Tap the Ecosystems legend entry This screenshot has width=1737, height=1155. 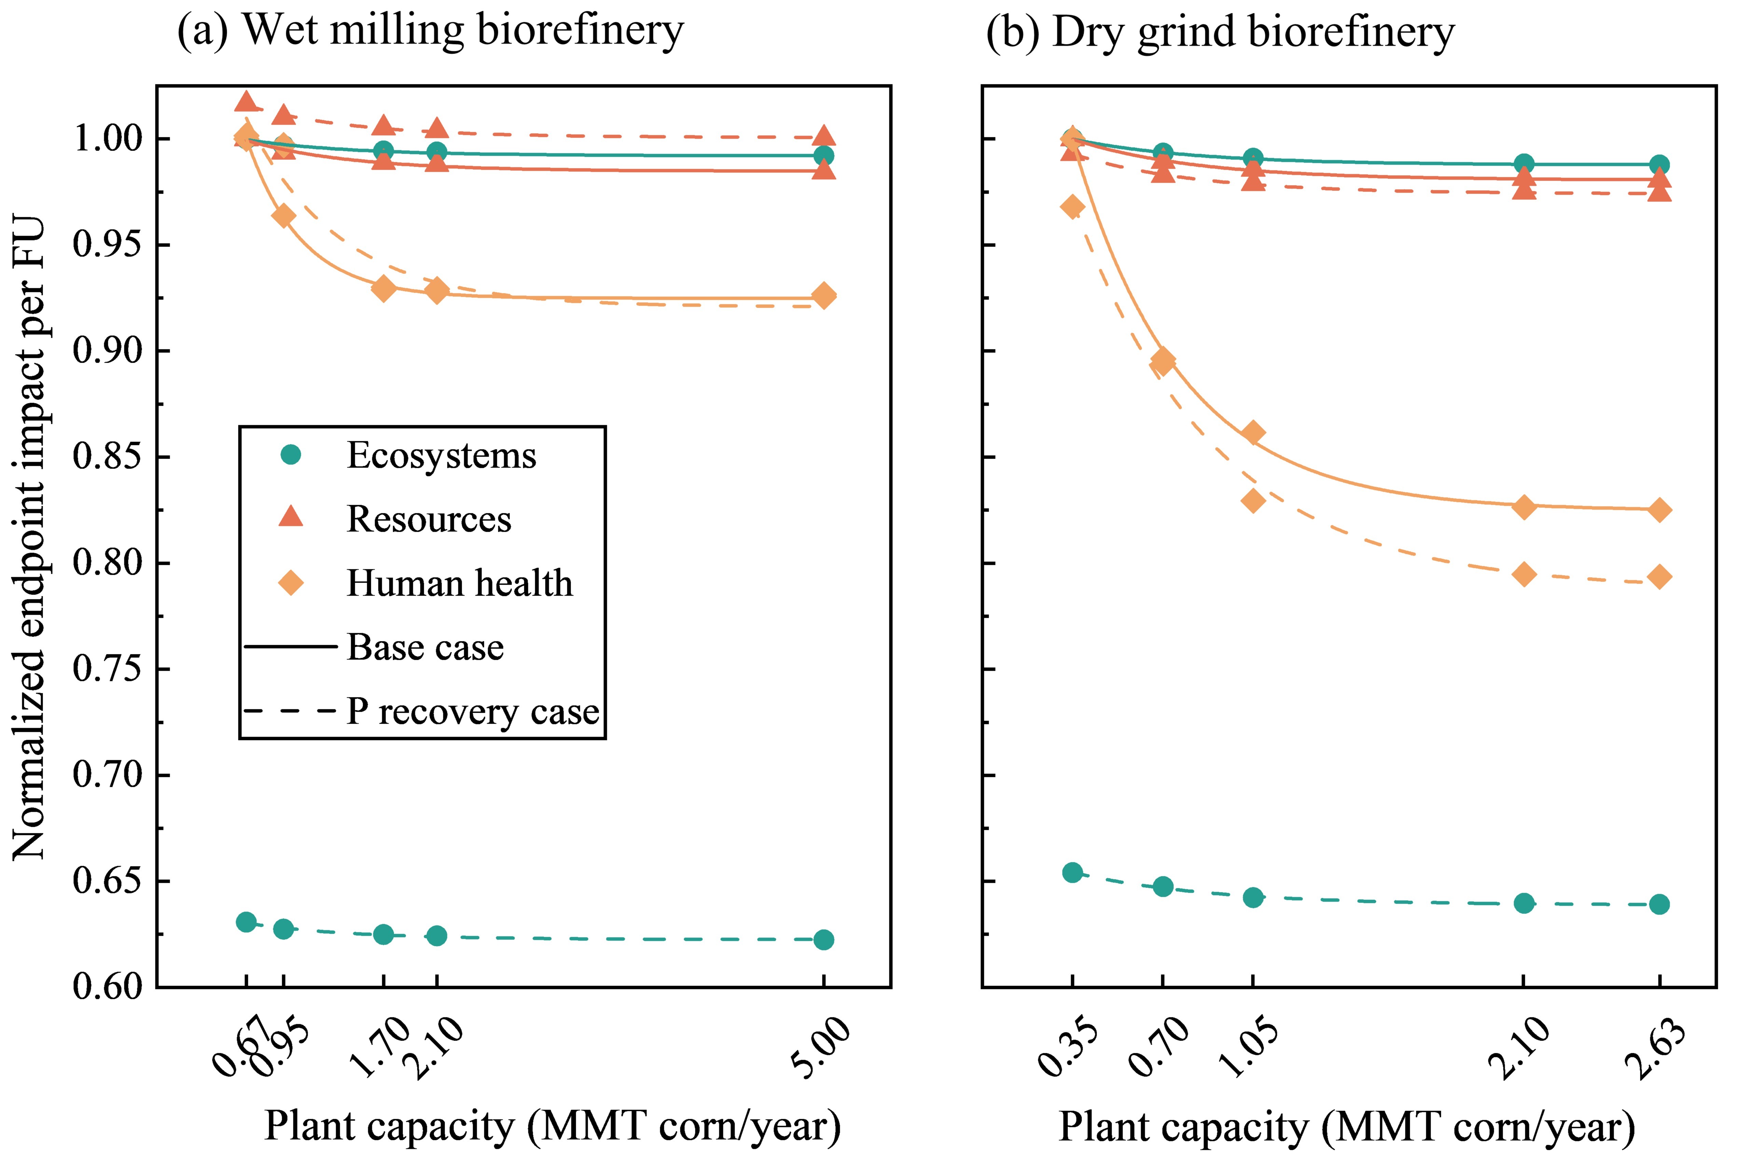(441, 455)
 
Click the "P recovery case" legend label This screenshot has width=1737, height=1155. (473, 712)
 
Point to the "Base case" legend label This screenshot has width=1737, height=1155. (425, 648)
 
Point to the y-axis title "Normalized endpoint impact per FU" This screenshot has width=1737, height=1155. (29, 538)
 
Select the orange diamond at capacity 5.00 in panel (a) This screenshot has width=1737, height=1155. (823, 295)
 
